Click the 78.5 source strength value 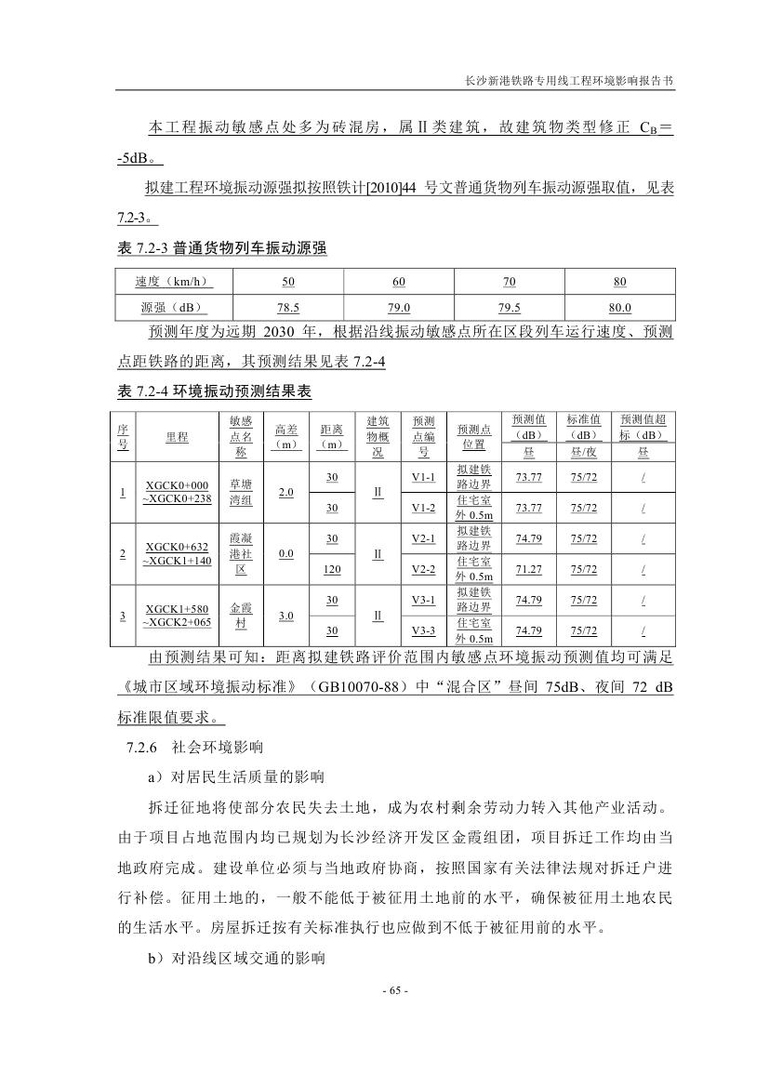pyautogui.click(x=287, y=308)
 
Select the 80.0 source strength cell pyautogui.click(x=619, y=308)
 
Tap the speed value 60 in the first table pyautogui.click(x=399, y=282)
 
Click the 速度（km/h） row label pyautogui.click(x=172, y=282)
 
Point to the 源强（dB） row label pyautogui.click(x=172, y=308)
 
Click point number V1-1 pyautogui.click(x=423, y=477)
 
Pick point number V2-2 pyautogui.click(x=423, y=569)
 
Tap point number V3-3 pyautogui.click(x=423, y=630)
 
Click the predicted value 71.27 pyautogui.click(x=528, y=569)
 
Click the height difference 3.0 pyautogui.click(x=286, y=616)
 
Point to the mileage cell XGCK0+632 pyautogui.click(x=177, y=547)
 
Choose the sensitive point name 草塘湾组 pyautogui.click(x=241, y=492)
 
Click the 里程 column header pyautogui.click(x=177, y=436)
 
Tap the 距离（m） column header pyautogui.click(x=331, y=436)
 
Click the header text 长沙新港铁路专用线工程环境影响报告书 pyautogui.click(x=569, y=81)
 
